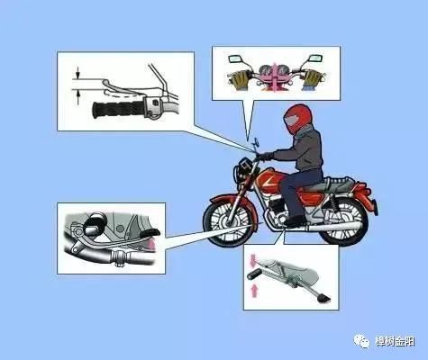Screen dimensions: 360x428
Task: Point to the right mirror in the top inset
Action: [x=315, y=59]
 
